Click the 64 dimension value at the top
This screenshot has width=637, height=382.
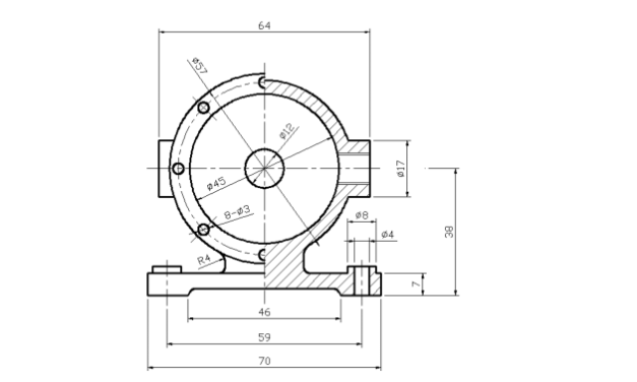point(264,26)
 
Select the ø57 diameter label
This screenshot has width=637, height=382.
point(199,66)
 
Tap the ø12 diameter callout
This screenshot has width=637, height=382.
point(288,131)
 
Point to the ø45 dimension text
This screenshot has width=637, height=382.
point(216,183)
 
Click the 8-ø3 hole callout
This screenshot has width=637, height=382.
point(238,212)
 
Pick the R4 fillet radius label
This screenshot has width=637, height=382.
point(204,259)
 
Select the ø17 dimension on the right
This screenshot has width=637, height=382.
point(401,168)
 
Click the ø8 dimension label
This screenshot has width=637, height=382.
point(361,215)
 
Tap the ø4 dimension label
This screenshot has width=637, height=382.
point(388,235)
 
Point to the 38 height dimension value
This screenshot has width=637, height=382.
point(449,232)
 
